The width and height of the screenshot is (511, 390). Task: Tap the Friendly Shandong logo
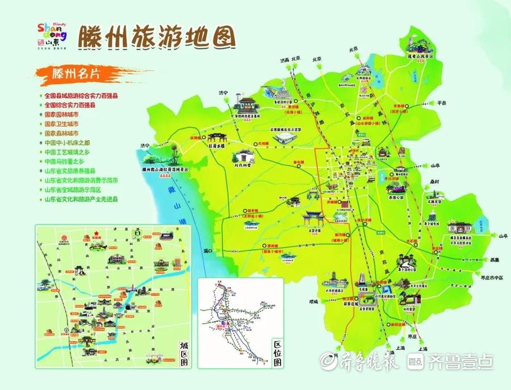click(x=51, y=34)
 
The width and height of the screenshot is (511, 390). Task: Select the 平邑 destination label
click(x=443, y=103)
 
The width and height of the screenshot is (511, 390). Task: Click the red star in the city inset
click(x=97, y=232)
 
